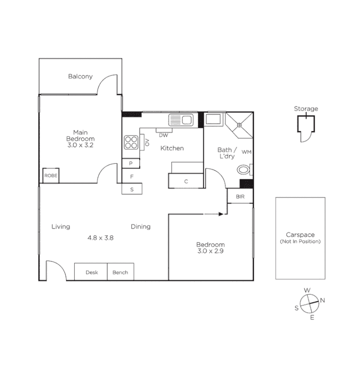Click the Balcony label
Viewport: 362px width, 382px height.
80,76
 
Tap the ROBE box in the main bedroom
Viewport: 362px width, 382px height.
51,175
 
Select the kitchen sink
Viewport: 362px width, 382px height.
181,120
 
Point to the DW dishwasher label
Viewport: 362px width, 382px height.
163,135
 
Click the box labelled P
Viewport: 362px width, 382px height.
131,163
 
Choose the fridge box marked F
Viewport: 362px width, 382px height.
132,176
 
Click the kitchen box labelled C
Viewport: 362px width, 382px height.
186,181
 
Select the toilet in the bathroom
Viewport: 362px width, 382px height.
244,170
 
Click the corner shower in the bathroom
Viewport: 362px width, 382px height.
239,124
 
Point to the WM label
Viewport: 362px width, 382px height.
246,152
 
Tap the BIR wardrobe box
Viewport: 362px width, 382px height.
240,197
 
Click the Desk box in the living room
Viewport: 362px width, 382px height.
91,272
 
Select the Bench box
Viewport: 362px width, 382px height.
120,272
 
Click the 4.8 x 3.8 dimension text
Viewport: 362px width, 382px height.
101,237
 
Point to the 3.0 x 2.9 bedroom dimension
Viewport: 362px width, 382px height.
210,251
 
